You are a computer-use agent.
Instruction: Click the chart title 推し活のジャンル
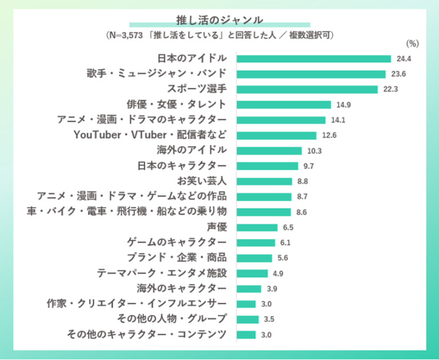coord(219,21)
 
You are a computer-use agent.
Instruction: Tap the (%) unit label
coord(412,43)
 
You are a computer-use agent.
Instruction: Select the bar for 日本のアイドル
coord(313,59)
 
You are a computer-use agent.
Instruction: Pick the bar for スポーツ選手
coord(307,89)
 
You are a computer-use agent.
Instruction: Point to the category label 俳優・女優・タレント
coord(177,105)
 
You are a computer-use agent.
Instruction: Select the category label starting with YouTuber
coord(151,135)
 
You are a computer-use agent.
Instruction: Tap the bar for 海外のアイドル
coord(269,151)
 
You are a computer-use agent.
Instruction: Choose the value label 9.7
coord(308,166)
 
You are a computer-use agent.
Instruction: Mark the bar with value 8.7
coord(264,197)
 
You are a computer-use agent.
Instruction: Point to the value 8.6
coord(302,212)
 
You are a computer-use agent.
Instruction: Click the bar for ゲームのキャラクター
coord(256,242)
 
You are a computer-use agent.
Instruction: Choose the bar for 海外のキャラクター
coord(249,289)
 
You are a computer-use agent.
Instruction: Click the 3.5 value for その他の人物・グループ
coord(269,319)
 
